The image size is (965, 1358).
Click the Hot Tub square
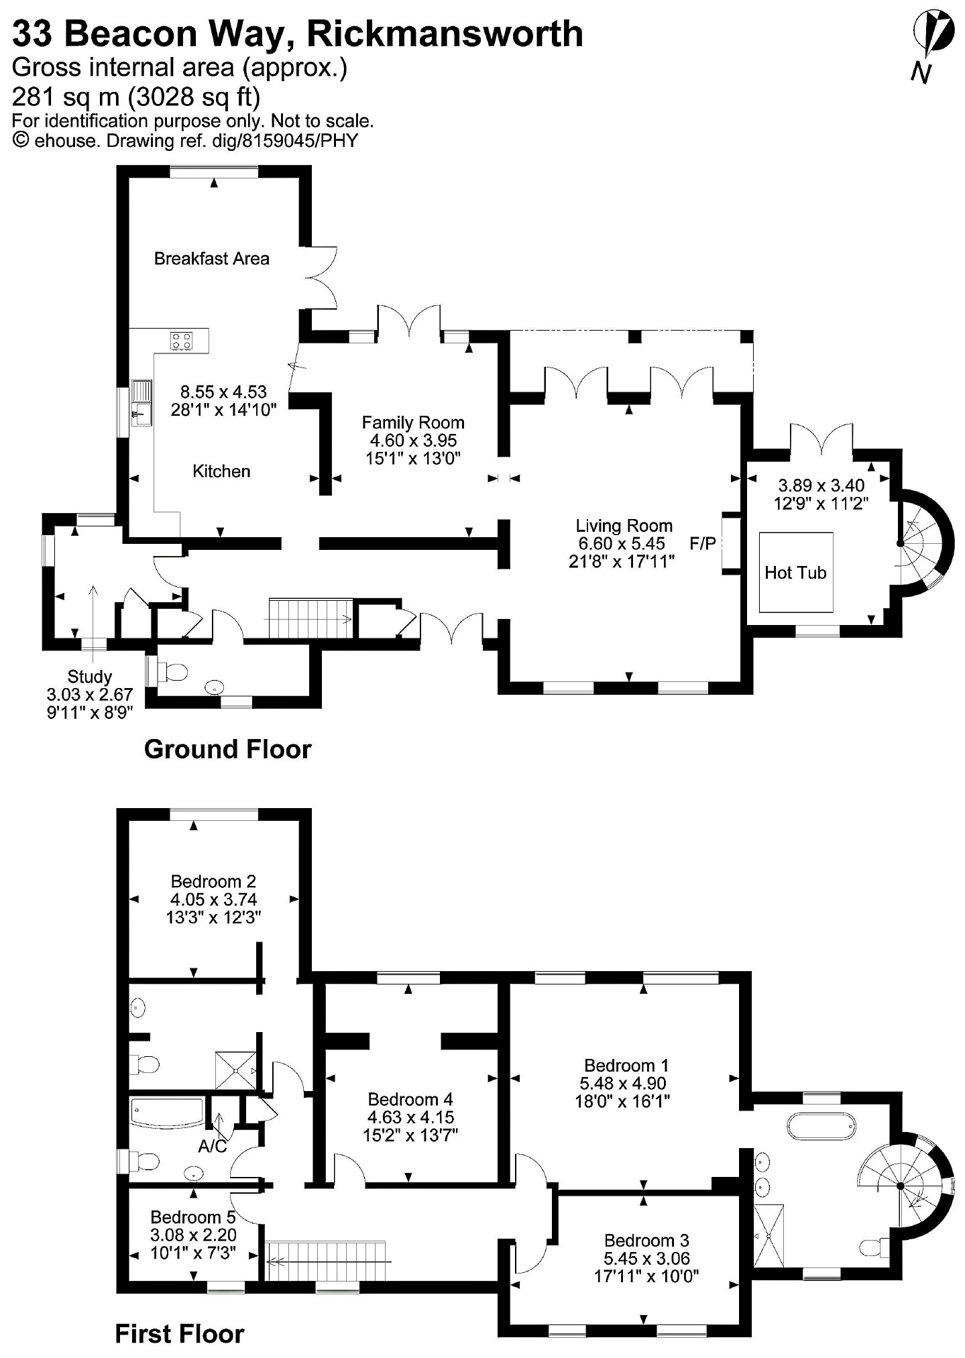(795, 572)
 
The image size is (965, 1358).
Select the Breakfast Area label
(212, 258)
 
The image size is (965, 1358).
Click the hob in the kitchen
(180, 341)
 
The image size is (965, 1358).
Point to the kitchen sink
(142, 403)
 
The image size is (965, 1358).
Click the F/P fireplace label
(703, 543)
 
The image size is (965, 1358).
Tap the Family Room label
(413, 422)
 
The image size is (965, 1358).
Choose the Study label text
(89, 677)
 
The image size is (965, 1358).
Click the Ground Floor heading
(228, 749)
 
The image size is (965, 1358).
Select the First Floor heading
(180, 1334)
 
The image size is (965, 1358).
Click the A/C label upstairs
(213, 1147)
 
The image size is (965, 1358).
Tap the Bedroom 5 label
(194, 1217)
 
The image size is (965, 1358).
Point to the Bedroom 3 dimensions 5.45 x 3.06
(646, 1259)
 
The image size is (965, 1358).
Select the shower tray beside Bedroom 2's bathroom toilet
(235, 1070)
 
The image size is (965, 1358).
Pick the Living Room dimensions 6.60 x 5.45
(622, 544)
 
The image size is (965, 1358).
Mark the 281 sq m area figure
(67, 97)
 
